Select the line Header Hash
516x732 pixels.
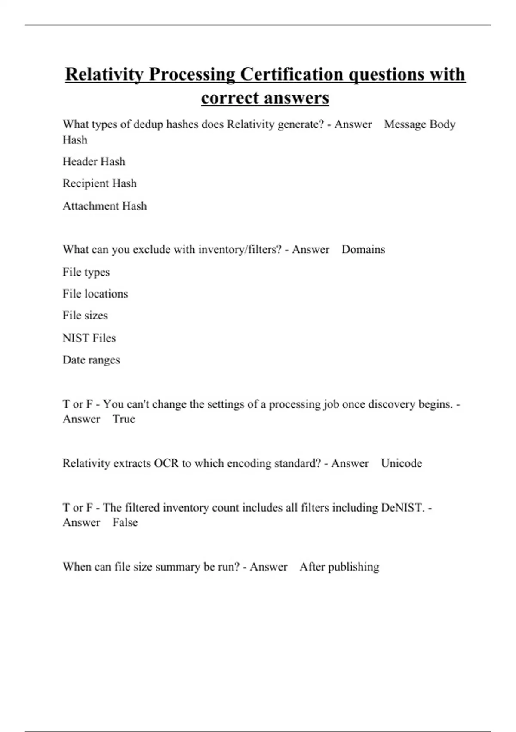94,161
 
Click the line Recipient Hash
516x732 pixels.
99,183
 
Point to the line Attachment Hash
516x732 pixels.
104,206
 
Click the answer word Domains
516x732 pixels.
363,250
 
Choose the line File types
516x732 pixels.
86,272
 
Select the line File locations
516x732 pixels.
95,294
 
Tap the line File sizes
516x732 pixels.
85,316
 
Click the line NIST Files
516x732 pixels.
89,338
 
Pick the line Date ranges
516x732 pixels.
91,360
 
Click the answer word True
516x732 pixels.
124,419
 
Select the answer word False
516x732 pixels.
125,522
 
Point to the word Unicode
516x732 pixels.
401,463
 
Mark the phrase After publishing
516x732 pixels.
339,567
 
